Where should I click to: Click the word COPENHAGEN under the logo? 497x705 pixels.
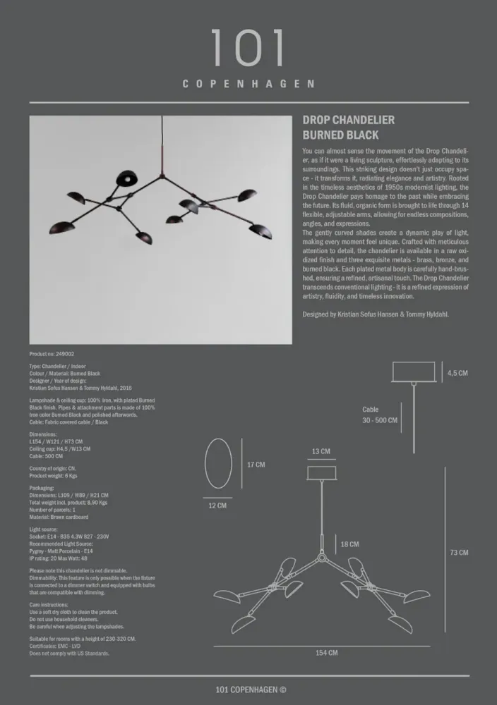(248, 84)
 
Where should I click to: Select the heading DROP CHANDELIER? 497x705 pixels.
(348, 121)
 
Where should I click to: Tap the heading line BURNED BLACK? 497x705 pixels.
(340, 135)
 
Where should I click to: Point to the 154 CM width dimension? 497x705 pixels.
(326, 654)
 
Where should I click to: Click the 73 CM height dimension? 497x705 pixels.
(459, 553)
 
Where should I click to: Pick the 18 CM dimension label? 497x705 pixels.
(349, 544)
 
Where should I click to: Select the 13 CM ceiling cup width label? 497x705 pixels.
(321, 451)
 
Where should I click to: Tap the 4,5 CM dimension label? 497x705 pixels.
(457, 373)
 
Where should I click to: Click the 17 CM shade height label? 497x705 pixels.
(256, 465)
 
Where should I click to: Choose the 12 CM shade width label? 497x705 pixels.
(217, 505)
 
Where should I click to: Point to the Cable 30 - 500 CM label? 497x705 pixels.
(380, 415)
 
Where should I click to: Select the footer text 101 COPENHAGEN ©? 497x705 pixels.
(251, 690)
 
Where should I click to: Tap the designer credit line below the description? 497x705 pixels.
(375, 314)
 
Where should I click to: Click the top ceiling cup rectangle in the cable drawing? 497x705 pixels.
(413, 371)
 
